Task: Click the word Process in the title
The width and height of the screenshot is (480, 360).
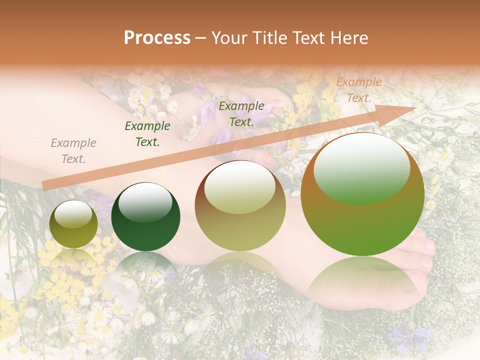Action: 157,38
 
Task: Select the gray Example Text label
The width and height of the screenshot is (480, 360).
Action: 73,151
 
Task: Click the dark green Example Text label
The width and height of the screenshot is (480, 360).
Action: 147,134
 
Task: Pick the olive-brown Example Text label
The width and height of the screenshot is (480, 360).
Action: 241,113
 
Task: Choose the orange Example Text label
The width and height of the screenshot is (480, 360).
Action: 358,90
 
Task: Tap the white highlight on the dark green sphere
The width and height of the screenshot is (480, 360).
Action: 145,201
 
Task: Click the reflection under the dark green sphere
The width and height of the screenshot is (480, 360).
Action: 145,265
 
